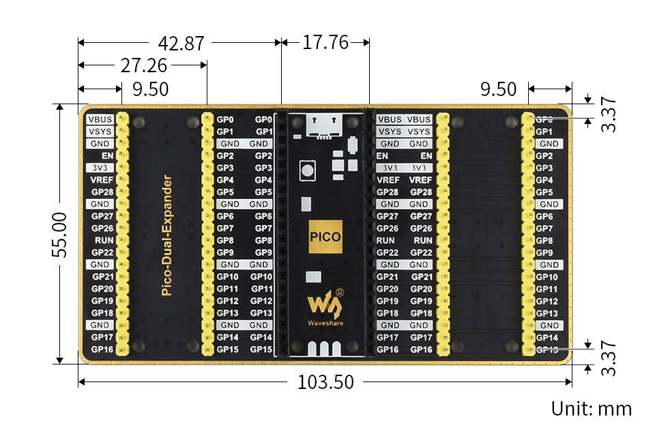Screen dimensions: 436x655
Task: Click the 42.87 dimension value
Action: [x=181, y=43]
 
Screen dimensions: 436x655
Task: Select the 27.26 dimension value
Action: [x=144, y=65]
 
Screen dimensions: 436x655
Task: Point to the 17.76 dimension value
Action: [x=325, y=43]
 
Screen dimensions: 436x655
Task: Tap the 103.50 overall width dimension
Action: [x=325, y=382]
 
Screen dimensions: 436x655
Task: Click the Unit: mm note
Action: [x=592, y=409]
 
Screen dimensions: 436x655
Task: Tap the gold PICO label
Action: [x=325, y=238]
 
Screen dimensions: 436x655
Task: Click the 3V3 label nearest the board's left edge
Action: [x=100, y=168]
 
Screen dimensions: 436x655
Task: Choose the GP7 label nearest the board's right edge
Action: [x=544, y=228]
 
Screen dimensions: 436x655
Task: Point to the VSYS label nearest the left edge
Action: [x=100, y=131]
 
